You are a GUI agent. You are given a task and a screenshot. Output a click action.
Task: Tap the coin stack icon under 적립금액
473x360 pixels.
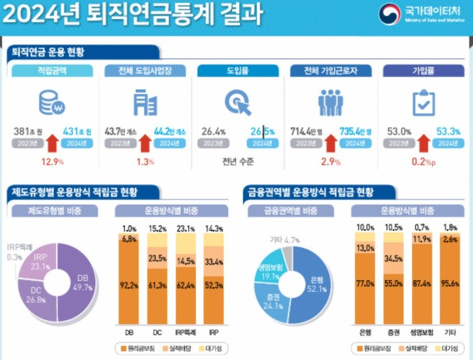(52, 104)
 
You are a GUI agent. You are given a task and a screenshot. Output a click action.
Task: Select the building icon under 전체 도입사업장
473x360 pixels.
(145, 104)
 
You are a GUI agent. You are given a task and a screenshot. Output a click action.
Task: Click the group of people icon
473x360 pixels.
(330, 104)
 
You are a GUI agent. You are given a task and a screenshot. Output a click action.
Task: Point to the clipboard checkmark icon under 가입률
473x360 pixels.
(423, 104)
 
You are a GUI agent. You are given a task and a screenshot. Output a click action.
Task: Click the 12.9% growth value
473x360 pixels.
(53, 161)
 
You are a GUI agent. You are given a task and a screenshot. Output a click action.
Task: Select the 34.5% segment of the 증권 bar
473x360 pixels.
(394, 259)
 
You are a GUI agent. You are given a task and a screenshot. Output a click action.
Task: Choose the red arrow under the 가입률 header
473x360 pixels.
(422, 144)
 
